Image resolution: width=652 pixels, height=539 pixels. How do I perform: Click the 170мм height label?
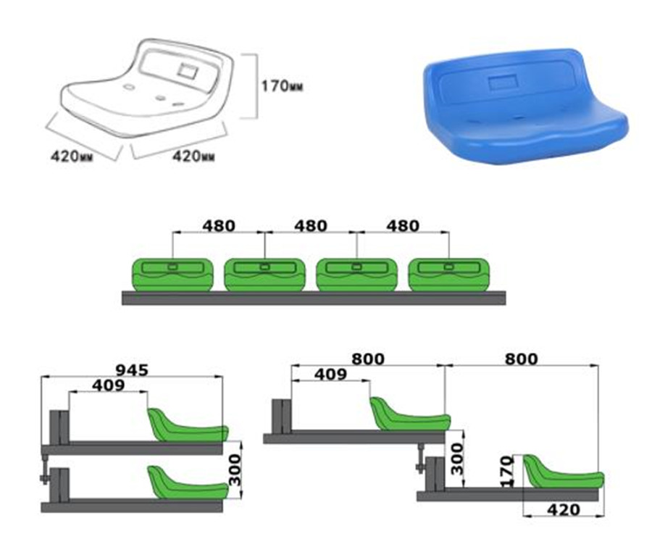(x=281, y=85)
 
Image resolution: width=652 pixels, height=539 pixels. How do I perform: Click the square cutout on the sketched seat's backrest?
(x=188, y=72)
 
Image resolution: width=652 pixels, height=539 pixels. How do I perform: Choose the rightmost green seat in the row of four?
(x=448, y=275)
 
